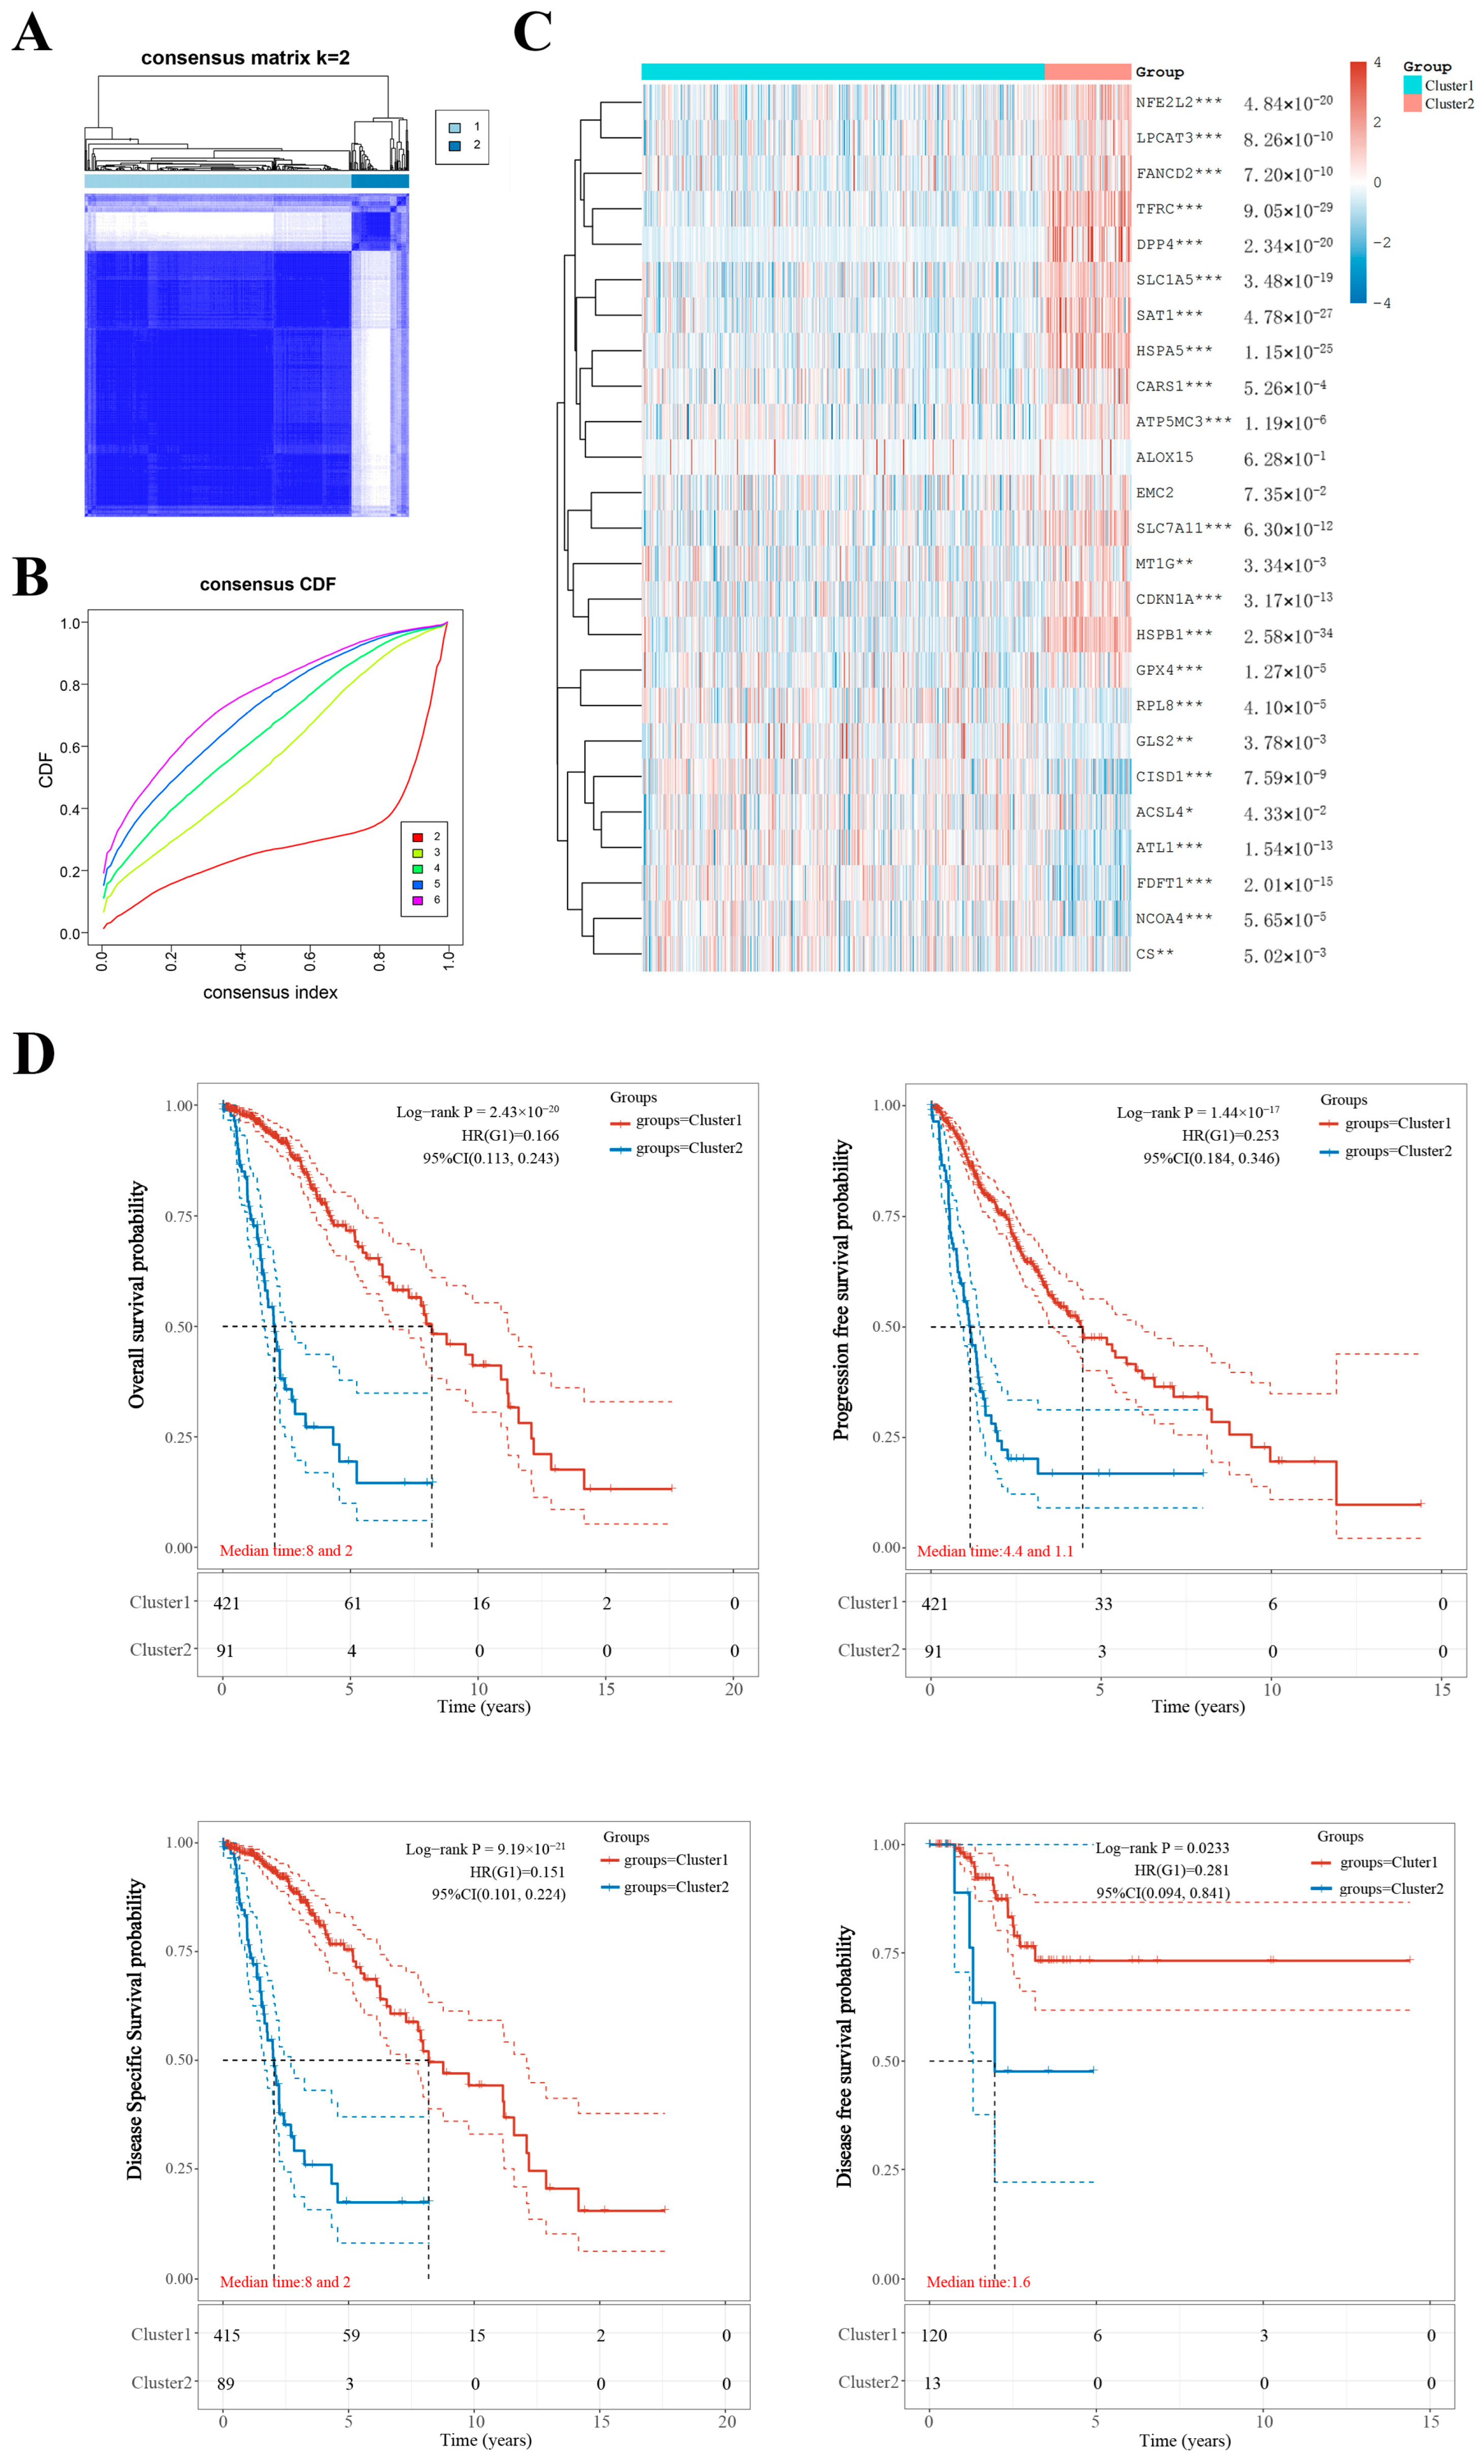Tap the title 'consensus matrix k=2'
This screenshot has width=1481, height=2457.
245,58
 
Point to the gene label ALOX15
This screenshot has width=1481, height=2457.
1164,457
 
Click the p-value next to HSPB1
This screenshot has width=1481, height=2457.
1286,635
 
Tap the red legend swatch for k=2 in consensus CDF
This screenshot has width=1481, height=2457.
417,836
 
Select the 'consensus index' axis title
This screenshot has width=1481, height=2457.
270,992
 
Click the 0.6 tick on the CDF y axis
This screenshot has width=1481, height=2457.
70,747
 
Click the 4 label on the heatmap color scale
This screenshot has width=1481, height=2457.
1377,63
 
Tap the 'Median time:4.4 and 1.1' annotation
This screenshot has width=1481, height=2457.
994,1550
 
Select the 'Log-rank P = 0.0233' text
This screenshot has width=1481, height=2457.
1162,1848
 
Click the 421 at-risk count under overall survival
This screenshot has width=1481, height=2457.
227,1603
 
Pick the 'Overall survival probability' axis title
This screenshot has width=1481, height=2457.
137,1295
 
